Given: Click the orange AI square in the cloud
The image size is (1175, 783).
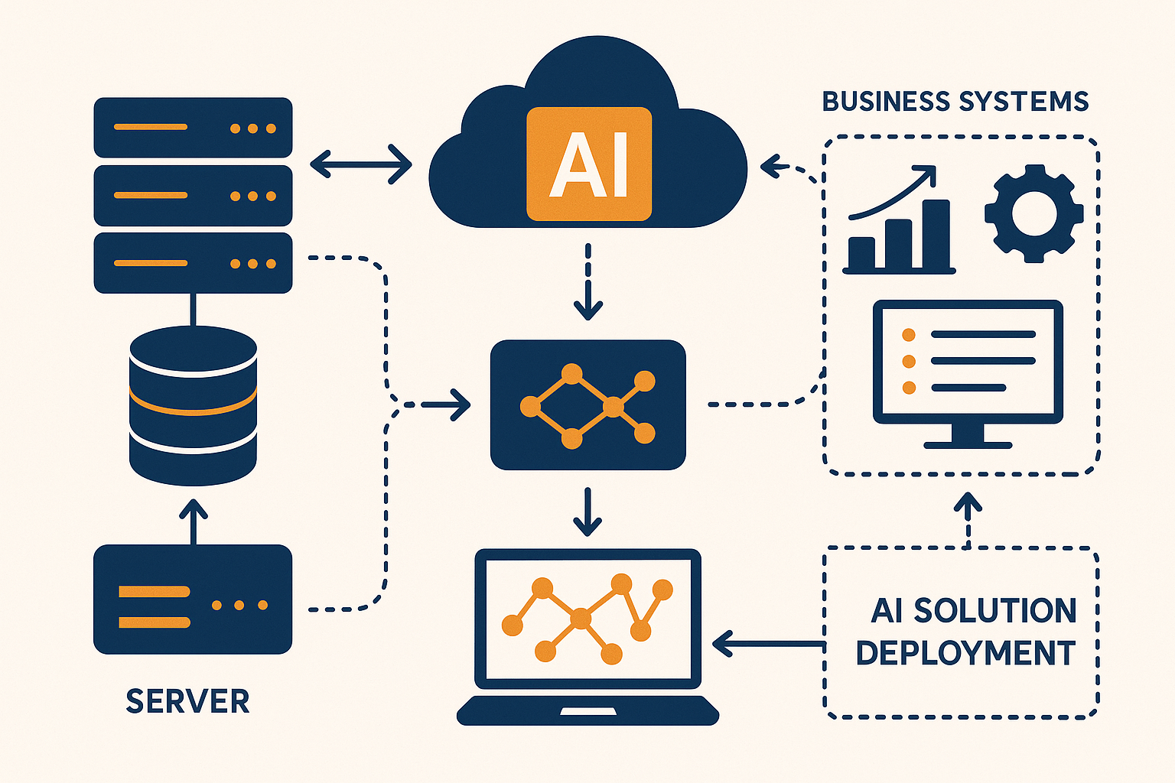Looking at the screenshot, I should (x=589, y=164).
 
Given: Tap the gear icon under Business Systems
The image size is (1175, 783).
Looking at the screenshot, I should (x=1033, y=213).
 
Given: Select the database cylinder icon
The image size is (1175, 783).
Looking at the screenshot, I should (x=193, y=405).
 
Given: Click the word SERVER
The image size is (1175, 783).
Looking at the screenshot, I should (x=187, y=701).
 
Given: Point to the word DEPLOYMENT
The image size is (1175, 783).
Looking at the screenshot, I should (x=965, y=653).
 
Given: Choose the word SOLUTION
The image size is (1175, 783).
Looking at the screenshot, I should (x=995, y=610).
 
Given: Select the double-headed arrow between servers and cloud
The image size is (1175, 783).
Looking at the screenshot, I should (x=361, y=164).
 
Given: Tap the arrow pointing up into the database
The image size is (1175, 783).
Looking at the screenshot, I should (x=193, y=521).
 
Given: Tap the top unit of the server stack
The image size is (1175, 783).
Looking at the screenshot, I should (x=193, y=128).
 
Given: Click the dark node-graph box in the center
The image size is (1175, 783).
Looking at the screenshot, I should (x=587, y=404).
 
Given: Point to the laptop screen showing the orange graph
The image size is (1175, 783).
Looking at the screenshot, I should (x=587, y=618).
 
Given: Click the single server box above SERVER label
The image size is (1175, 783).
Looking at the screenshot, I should (x=193, y=599).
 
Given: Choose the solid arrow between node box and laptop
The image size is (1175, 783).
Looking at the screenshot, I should (x=587, y=511).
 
